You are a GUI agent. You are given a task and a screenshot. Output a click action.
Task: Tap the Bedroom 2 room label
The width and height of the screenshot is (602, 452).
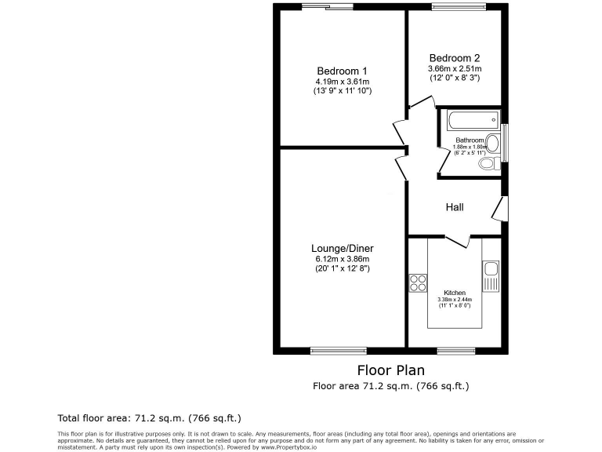point(454,57)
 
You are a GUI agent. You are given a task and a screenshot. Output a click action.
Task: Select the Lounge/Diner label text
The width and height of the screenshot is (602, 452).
point(342,247)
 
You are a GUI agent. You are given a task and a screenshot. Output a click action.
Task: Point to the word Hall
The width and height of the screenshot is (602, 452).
point(455,207)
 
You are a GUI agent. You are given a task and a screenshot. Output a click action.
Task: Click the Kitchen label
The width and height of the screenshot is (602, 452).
point(455,293)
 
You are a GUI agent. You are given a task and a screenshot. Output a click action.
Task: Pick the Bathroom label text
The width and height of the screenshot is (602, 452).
point(469,140)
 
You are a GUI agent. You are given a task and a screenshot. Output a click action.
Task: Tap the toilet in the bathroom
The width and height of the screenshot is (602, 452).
point(488,164)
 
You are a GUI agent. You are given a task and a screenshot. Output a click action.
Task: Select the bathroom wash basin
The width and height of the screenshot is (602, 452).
point(491,144)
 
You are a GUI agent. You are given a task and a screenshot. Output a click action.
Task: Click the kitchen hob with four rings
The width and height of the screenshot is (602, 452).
point(418,282)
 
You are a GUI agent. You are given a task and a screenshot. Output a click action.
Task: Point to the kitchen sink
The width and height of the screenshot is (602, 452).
point(491,274)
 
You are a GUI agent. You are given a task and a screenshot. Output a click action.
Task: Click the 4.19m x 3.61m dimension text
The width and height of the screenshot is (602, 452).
point(342,81)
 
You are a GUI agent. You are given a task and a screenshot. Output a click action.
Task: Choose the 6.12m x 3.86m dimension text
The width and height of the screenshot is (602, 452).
point(342,258)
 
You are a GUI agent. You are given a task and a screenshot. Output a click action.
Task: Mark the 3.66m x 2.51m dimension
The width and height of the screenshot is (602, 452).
point(454,68)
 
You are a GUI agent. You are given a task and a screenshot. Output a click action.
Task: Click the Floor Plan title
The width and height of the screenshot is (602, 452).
point(390,370)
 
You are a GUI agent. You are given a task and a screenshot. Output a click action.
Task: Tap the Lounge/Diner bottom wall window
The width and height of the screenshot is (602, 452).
point(338,350)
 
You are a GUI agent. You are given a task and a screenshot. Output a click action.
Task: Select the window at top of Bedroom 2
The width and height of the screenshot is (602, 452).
point(455,7)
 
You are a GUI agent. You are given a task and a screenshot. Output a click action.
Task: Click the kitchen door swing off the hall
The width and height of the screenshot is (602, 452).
point(457,241)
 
